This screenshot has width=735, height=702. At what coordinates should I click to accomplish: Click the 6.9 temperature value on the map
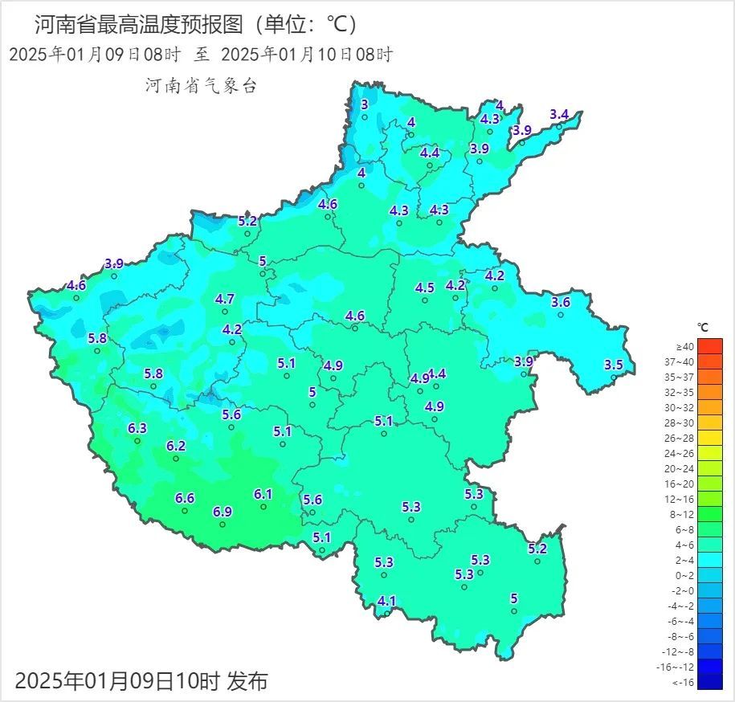pos(223,512)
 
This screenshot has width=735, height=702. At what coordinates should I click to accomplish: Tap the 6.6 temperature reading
pos(185,498)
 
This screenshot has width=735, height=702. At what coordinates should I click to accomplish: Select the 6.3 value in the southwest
pos(137,428)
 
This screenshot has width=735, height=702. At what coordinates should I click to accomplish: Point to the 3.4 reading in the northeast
pos(559,115)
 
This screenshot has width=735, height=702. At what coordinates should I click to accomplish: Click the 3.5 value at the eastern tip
pos(614,365)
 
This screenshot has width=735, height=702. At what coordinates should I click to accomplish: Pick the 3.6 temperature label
pos(561,302)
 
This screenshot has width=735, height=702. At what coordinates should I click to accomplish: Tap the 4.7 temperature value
pos(225,299)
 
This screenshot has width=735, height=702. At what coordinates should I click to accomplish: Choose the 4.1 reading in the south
pos(387,601)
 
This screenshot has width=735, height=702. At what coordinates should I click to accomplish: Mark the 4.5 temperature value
pos(425,288)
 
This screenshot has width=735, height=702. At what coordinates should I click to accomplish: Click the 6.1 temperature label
pos(263,494)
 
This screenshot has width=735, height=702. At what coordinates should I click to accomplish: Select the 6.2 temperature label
pos(176,446)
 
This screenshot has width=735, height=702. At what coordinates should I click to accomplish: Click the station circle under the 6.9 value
pos(223,524)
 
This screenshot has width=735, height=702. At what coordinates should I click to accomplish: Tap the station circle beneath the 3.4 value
pos(560,127)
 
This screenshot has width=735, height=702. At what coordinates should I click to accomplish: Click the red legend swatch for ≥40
pos(710,346)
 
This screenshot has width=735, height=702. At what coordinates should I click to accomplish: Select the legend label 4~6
pos(684,545)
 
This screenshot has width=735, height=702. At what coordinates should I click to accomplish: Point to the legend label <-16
pos(684,682)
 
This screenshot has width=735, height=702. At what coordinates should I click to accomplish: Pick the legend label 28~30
pos(684,422)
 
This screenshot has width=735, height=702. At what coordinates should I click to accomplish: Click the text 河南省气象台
pos(201,86)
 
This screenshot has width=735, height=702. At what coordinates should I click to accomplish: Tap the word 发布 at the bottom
pos(247,682)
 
